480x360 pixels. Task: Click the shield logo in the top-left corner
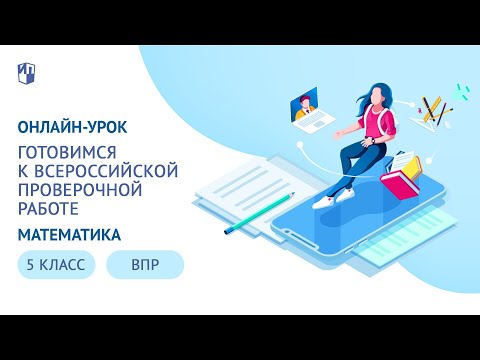point(27,72)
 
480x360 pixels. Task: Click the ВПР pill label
point(144,265)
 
